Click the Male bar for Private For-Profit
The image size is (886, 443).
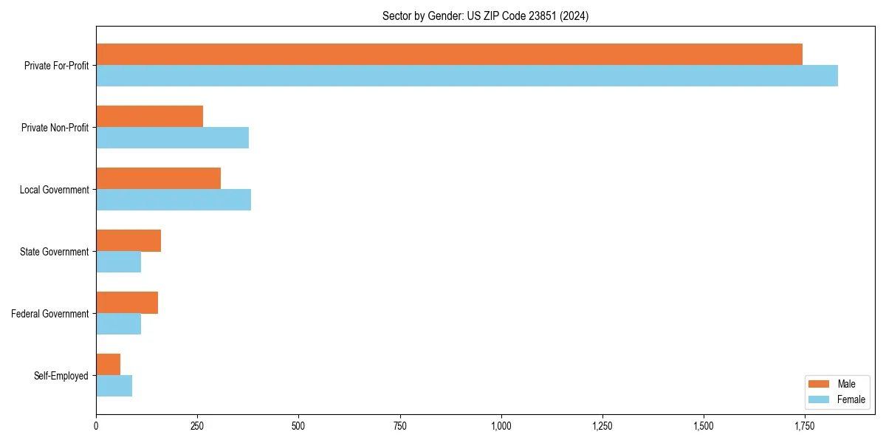tap(449, 55)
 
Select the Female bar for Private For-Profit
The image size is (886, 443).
tap(467, 76)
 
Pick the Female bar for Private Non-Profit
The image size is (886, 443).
tap(172, 138)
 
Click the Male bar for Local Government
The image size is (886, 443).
tap(158, 179)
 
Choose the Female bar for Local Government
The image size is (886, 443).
tap(174, 200)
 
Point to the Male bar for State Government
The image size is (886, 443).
tap(128, 241)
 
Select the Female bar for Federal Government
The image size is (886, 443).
tap(118, 324)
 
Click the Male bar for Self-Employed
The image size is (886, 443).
tap(108, 365)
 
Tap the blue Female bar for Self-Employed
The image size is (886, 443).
tap(114, 386)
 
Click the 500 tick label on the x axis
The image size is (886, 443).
tap(298, 426)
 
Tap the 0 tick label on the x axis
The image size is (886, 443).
tap(96, 426)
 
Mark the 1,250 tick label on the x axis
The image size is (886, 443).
tap(602, 426)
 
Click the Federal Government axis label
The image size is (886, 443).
tap(50, 314)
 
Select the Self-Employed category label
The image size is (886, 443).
tap(61, 376)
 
